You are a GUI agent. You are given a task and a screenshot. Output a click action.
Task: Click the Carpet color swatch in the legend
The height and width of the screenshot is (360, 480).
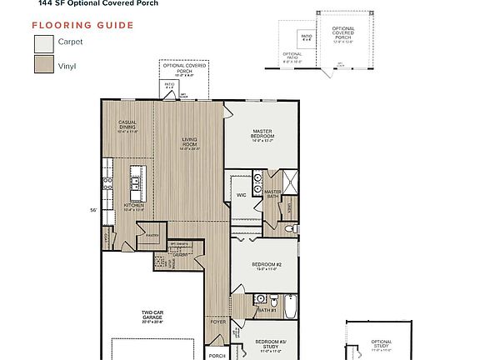point(43,43)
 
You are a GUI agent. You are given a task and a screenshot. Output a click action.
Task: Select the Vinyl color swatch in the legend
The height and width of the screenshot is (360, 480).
point(43,64)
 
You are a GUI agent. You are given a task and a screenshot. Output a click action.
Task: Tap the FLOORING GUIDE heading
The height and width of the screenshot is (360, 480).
point(82,25)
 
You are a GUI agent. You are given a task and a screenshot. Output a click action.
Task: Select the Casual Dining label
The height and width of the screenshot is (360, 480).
point(127,127)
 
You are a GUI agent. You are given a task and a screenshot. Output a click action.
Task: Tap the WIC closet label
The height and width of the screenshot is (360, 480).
point(240,194)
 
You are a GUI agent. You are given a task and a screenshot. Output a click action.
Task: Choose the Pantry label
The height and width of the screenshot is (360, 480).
point(152,236)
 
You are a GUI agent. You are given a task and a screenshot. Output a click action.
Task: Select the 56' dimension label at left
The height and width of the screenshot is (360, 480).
point(96,211)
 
